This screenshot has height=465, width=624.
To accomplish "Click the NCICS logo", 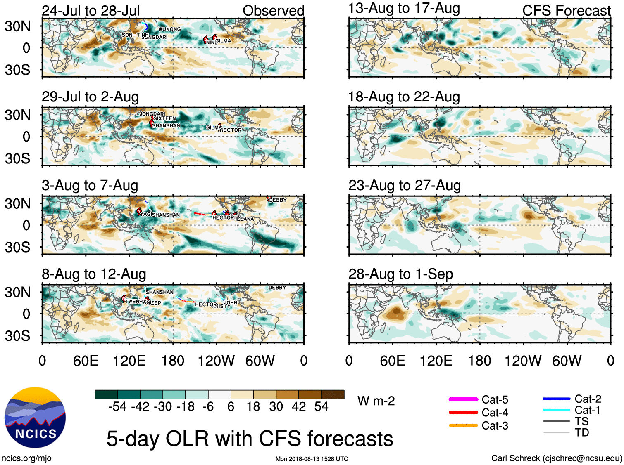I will [x=35, y=418].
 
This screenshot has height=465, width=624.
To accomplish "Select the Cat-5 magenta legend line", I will [x=463, y=399].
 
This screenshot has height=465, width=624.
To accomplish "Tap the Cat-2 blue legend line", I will [x=556, y=399].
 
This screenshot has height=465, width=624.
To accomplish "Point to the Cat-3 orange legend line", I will [x=463, y=425].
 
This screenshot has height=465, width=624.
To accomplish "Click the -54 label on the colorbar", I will [x=117, y=407].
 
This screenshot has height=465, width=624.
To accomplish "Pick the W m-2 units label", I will [x=376, y=401].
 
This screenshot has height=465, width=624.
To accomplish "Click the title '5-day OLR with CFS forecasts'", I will [x=250, y=439].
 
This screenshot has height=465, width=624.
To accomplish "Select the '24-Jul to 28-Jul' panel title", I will [x=91, y=11].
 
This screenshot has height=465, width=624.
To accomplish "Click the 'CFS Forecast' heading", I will [x=566, y=11].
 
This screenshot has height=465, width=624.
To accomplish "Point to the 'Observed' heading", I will [x=273, y=11].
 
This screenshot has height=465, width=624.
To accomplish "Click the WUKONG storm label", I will [x=169, y=29].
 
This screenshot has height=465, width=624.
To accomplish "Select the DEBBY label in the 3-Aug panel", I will [x=278, y=200].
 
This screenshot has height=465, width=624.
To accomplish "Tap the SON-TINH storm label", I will [x=135, y=35].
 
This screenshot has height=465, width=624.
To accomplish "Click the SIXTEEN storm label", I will [x=165, y=118].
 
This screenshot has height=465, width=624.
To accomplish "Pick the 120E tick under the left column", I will [x=129, y=361].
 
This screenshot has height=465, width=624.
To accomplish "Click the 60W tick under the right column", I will [x=567, y=361].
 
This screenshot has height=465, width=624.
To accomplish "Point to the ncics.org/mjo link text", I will [x=26, y=458].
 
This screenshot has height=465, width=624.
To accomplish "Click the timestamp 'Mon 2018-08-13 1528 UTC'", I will [x=312, y=459].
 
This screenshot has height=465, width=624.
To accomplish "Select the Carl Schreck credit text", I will [x=556, y=458].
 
